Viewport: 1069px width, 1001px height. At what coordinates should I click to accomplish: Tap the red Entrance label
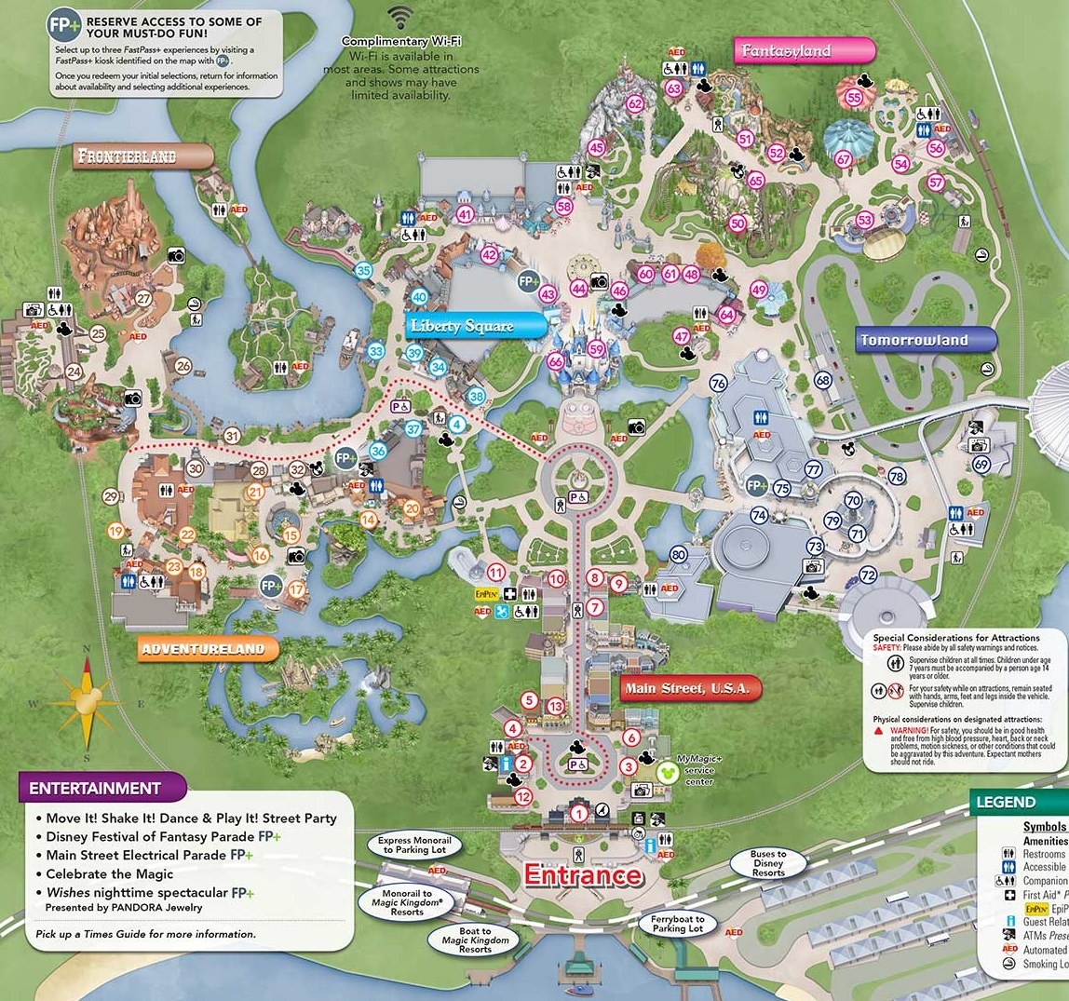tap(583, 875)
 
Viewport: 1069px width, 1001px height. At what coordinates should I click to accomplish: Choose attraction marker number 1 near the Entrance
tap(579, 815)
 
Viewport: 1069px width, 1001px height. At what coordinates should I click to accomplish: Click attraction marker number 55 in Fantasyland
tap(853, 96)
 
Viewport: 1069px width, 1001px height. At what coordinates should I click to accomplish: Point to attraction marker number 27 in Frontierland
tap(142, 298)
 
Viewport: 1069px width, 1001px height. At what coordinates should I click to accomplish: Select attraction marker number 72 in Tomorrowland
tap(868, 575)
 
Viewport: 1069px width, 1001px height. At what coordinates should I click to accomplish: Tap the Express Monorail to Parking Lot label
tap(414, 844)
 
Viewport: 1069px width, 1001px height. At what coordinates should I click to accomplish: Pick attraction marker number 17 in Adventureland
tap(296, 588)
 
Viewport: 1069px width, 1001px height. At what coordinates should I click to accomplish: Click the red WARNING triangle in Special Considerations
tap(878, 731)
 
